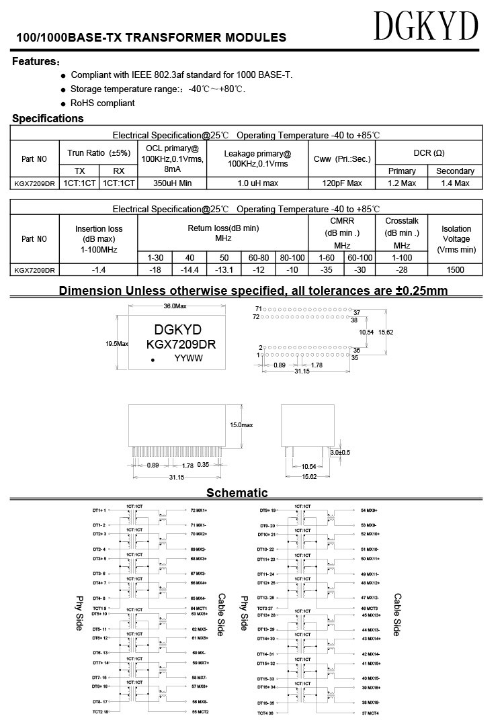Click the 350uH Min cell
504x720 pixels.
pos(172,183)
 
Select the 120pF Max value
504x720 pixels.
pos(342,183)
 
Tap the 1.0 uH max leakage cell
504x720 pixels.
pos(257,183)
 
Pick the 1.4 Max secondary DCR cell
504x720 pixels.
pos(455,183)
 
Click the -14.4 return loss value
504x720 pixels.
pos(190,270)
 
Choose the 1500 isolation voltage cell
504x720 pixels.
pos(456,270)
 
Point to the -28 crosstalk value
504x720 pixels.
pos(402,270)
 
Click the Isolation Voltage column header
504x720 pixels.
pos(456,238)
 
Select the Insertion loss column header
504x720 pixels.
pos(99,238)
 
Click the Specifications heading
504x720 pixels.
pos(48,119)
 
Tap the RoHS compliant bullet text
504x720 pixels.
pos(103,103)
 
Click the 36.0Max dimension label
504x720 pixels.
pos(175,306)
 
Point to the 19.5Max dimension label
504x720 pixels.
pos(116,343)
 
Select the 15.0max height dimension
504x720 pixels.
pos(241,425)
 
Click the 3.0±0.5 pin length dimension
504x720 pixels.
pos(339,452)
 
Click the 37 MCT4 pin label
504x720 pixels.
pos(370,712)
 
